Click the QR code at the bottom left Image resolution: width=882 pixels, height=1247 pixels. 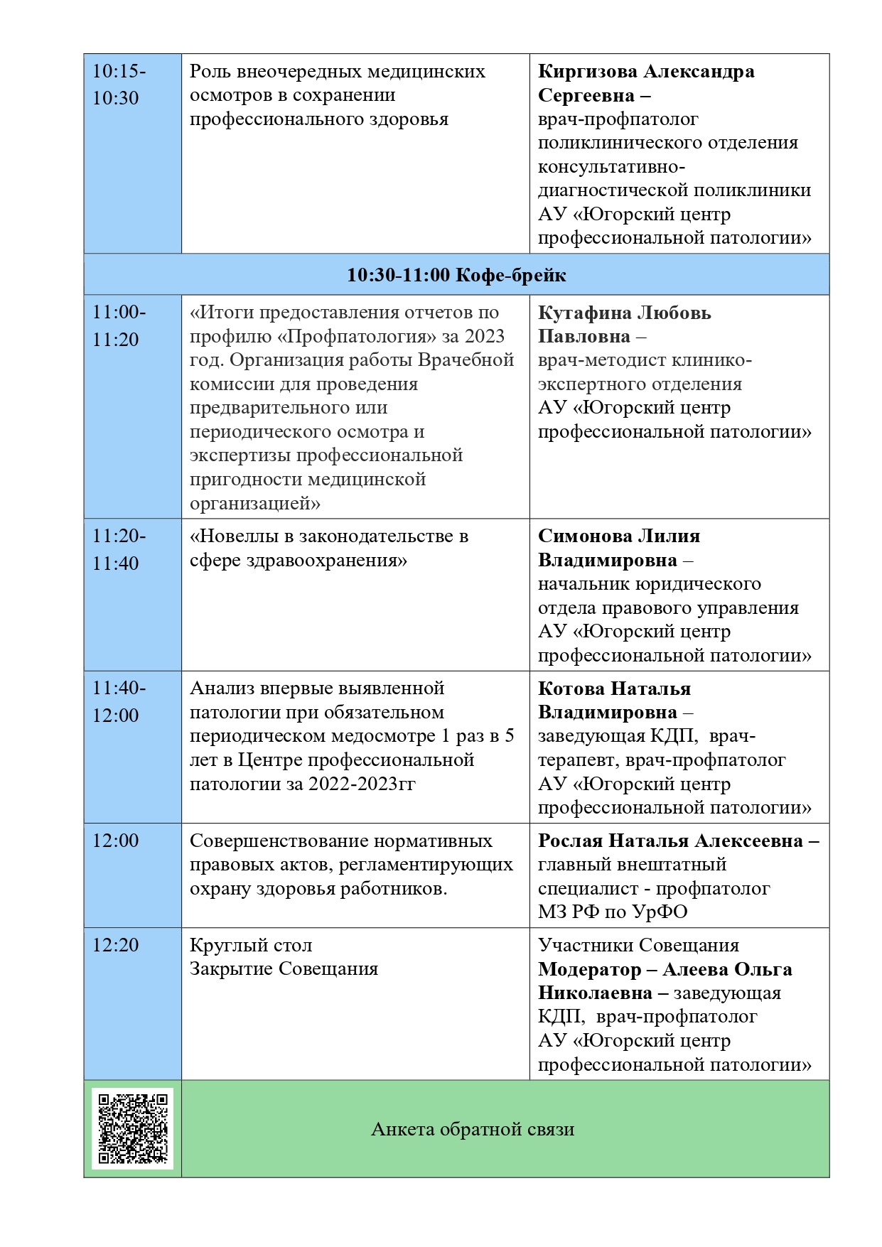tap(132, 1128)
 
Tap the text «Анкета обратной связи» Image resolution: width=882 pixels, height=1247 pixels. tap(473, 1129)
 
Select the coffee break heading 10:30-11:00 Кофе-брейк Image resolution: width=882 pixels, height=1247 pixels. tap(456, 275)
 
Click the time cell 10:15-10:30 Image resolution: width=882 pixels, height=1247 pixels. tap(119, 85)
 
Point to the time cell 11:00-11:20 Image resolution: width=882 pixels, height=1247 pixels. tap(119, 325)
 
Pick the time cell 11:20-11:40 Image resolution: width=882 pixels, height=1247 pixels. tap(119, 549)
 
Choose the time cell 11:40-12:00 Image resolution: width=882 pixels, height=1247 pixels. tap(119, 701)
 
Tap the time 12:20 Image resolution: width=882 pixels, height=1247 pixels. tap(115, 945)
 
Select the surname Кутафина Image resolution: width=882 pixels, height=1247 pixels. tap(583, 313)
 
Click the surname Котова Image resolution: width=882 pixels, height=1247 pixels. tap(571, 689)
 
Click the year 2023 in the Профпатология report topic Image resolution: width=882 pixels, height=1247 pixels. tap(485, 336)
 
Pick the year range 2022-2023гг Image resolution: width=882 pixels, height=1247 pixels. tap(362, 784)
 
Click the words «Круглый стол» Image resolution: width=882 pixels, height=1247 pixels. tap(251, 945)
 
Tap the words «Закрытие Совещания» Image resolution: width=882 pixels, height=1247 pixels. tap(284, 968)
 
